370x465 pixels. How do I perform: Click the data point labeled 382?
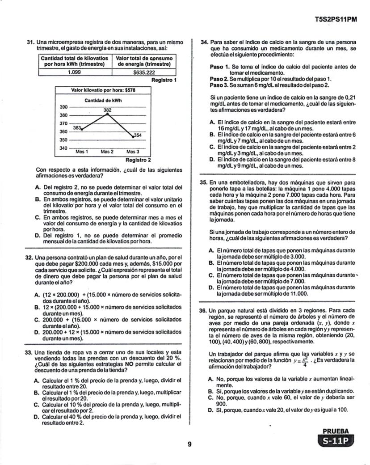pyautogui.click(x=107, y=114)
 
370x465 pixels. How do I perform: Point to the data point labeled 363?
pyautogui.click(x=81, y=129)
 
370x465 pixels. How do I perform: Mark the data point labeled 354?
pyautogui.click(x=133, y=135)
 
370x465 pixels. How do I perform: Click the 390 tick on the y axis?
pyautogui.click(x=63, y=107)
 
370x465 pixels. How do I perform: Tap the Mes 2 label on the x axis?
pyautogui.click(x=107, y=152)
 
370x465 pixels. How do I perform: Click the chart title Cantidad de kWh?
pyautogui.click(x=103, y=101)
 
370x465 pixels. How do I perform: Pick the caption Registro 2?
pyautogui.click(x=139, y=160)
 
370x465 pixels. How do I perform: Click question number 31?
pyautogui.click(x=30, y=42)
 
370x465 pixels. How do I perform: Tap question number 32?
pyautogui.click(x=30, y=258)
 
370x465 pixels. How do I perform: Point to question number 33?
pyautogui.click(x=30, y=352)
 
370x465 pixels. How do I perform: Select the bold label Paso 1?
pyautogui.click(x=219, y=67)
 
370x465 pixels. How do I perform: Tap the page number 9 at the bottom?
pyautogui.click(x=189, y=444)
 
